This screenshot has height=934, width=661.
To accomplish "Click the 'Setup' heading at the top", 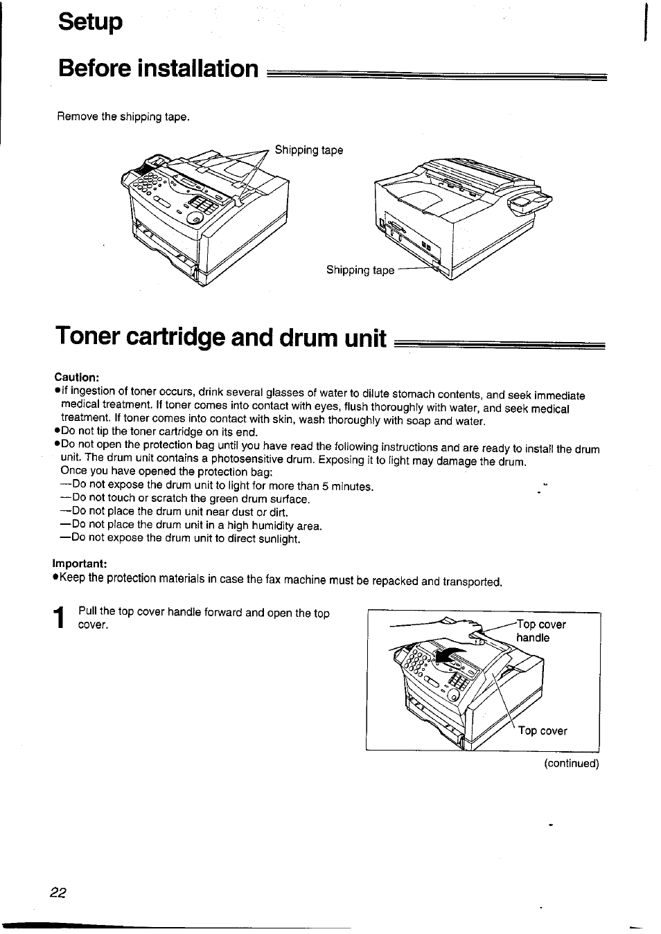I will pyautogui.click(x=91, y=22).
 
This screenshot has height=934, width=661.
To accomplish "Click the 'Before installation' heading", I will pyautogui.click(x=158, y=69).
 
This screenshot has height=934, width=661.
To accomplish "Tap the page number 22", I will pyautogui.click(x=58, y=893).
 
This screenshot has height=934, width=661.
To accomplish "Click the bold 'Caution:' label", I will pyautogui.click(x=78, y=377).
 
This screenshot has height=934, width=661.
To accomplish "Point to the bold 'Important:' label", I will pyautogui.click(x=81, y=563).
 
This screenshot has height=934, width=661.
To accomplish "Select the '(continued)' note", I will pyautogui.click(x=571, y=764).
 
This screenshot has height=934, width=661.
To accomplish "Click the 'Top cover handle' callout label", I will pyautogui.click(x=541, y=631).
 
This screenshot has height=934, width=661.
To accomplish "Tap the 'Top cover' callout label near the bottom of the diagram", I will pyautogui.click(x=543, y=731).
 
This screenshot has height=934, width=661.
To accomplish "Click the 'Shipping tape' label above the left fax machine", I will pyautogui.click(x=309, y=150).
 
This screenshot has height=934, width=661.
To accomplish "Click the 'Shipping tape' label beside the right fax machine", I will pyautogui.click(x=360, y=270).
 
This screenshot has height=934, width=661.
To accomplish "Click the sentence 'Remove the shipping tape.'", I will pyautogui.click(x=123, y=117).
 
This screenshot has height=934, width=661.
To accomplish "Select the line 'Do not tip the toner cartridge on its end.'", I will pyautogui.click(x=159, y=432).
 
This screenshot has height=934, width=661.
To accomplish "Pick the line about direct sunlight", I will pyautogui.click(x=180, y=539).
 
